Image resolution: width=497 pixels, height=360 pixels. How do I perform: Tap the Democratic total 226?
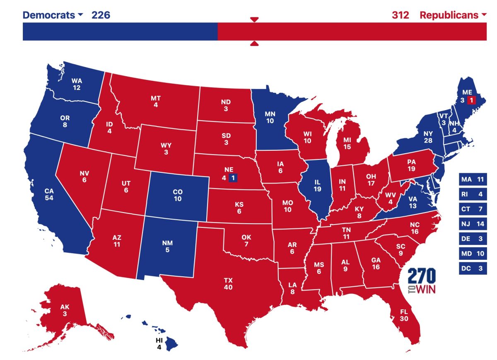(x=101, y=15)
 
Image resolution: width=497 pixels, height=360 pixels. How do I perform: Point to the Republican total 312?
(x=400, y=15)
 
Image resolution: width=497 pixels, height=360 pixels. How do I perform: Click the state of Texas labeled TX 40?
(x=228, y=284)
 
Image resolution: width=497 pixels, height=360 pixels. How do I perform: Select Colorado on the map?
(x=177, y=196)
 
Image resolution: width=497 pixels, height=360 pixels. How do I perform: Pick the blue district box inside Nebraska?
(x=233, y=178)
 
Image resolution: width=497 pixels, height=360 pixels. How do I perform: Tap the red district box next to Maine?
(x=471, y=100)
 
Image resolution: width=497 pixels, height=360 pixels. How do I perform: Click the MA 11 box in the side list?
(x=473, y=180)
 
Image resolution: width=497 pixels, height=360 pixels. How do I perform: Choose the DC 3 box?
(x=473, y=268)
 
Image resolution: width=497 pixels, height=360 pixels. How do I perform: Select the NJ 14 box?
(x=473, y=224)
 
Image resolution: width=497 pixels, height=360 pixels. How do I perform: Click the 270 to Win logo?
(x=422, y=280)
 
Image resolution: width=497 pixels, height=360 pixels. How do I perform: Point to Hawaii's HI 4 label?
(x=159, y=344)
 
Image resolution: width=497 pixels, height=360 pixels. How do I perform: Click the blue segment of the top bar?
(x=120, y=31)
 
